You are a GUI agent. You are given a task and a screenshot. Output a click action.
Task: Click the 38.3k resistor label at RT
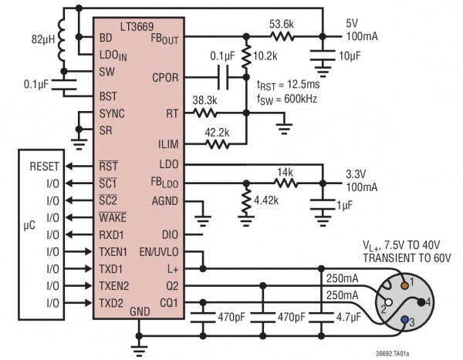point(204,100)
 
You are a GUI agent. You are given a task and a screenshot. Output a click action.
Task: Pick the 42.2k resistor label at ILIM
point(218,131)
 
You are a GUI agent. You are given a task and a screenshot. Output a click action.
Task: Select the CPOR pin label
point(165,77)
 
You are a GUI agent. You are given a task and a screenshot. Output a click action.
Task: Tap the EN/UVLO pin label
point(157,251)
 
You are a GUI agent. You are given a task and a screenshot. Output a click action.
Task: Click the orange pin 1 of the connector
point(402,282)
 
